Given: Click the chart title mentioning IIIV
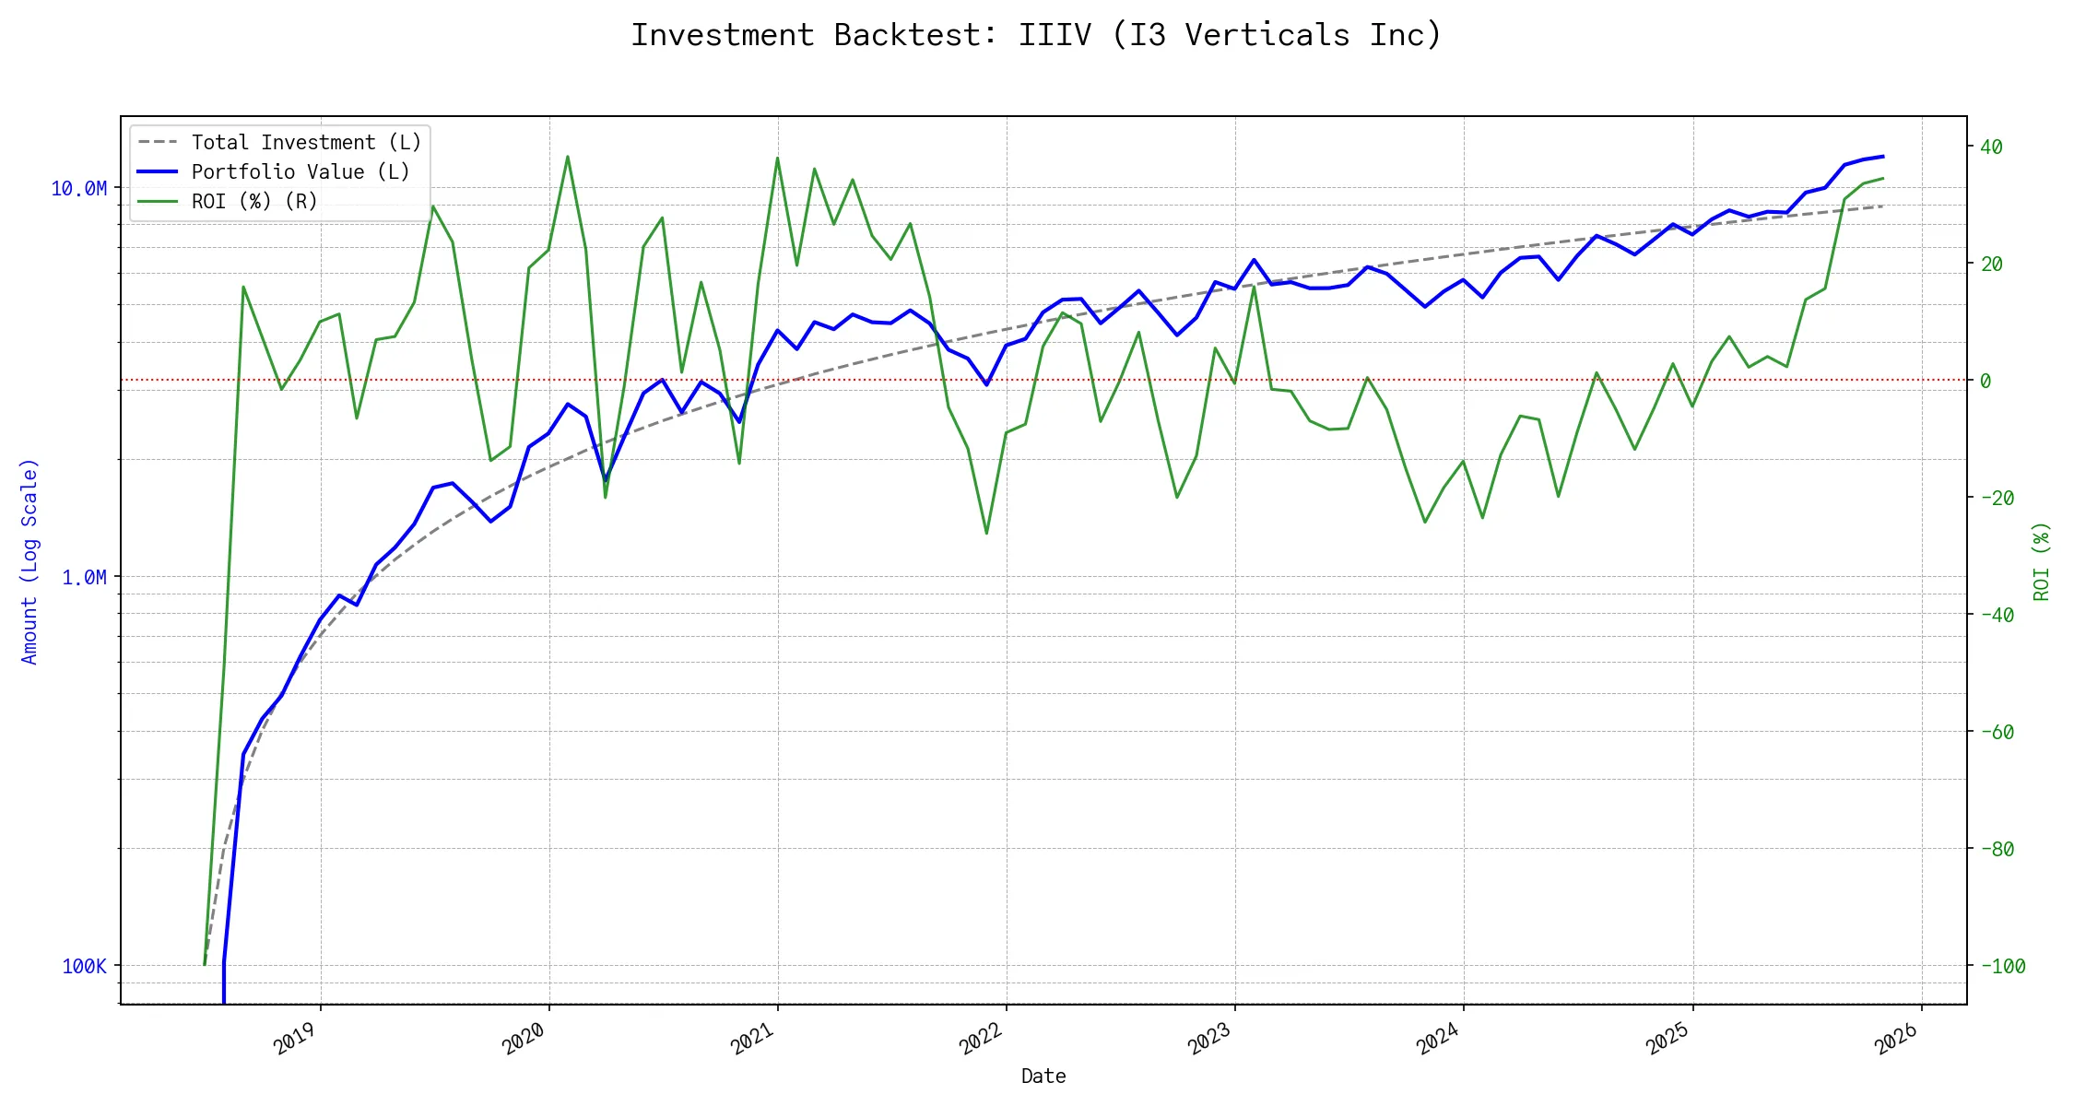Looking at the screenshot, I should [x=1036, y=35].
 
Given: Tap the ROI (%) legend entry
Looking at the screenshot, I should [x=254, y=202].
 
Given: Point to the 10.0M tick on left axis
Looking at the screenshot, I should [x=78, y=189].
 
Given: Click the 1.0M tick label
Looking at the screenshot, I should [x=84, y=578].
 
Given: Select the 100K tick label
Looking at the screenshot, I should [x=84, y=967].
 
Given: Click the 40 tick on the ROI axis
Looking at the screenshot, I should [x=1991, y=147].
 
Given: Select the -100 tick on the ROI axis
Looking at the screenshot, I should [x=2002, y=967].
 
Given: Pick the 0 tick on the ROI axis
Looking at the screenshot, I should [x=1986, y=381].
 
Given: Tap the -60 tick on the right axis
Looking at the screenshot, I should [x=1997, y=733].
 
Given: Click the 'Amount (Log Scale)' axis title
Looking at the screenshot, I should [x=29, y=561].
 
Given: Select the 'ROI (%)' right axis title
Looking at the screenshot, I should [x=2042, y=561].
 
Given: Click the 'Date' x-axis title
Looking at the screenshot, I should [x=1043, y=1077].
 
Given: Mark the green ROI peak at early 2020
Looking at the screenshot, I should [x=568, y=157].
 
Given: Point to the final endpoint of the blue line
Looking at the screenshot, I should [x=1883, y=157].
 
